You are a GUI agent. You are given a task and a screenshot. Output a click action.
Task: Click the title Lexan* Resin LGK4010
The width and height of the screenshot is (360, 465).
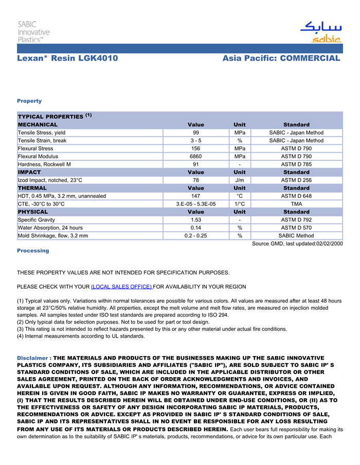(67, 59)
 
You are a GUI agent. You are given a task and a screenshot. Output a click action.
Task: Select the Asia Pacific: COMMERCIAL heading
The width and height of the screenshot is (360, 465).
(281, 59)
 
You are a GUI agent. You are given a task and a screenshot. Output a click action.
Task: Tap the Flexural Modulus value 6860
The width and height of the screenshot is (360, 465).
(196, 156)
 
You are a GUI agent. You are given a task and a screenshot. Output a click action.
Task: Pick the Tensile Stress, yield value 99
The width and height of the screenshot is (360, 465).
(196, 133)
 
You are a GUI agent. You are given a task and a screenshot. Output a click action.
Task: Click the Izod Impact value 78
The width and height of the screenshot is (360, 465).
(196, 180)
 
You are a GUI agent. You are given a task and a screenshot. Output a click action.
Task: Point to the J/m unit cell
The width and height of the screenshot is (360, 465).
(239, 180)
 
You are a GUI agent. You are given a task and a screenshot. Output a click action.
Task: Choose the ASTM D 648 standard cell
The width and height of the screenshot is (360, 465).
(296, 196)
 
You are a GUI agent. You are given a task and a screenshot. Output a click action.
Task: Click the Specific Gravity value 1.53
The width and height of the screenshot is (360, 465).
(196, 220)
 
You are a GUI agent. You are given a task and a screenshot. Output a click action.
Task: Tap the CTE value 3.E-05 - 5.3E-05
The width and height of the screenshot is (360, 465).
(196, 204)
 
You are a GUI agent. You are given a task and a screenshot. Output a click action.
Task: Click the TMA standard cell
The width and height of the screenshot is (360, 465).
(296, 204)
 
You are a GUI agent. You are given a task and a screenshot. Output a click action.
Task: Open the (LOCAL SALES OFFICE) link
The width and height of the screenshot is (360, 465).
(121, 287)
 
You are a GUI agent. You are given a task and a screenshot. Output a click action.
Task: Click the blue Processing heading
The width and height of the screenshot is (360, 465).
(33, 251)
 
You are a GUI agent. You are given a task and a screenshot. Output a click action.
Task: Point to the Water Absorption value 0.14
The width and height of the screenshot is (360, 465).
(196, 228)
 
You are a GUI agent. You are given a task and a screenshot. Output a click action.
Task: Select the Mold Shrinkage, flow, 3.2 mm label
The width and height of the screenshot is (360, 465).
(53, 236)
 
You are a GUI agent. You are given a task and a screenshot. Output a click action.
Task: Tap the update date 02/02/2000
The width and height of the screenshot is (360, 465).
(330, 244)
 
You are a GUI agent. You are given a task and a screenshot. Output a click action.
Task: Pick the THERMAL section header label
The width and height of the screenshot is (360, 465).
(33, 188)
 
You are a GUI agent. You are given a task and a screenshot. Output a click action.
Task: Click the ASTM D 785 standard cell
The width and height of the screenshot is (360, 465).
(296, 164)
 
